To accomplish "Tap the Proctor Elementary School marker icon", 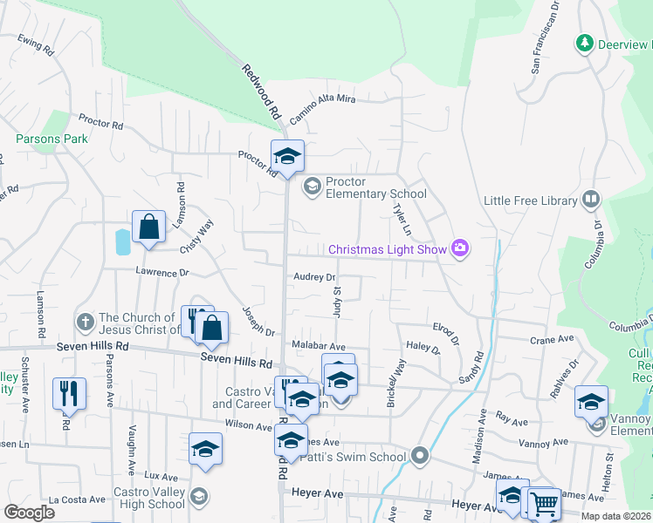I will [312, 187].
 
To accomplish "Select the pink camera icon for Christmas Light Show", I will [460, 249].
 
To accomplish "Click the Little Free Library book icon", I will [591, 200].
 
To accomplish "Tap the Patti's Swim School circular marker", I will [420, 456].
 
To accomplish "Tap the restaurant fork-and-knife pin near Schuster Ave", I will [68, 393].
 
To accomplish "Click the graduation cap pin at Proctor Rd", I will [287, 156].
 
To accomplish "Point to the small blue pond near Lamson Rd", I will [122, 241].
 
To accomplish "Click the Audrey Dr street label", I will [314, 277].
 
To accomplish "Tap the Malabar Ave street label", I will [319, 346].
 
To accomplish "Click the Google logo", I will [29, 513].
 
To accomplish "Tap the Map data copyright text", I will [614, 516].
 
